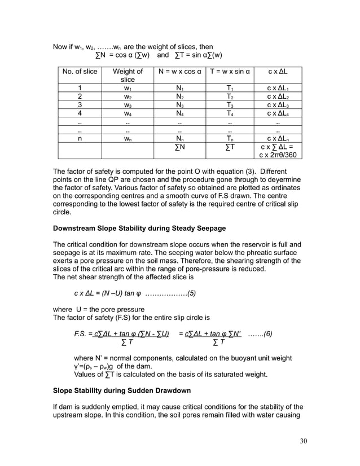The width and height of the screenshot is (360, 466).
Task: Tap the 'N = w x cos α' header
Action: click(179, 72)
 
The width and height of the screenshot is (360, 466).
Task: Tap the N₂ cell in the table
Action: click(179, 96)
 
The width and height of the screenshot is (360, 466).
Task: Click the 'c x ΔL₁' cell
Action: click(278, 88)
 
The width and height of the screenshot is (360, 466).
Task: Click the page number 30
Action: click(303, 441)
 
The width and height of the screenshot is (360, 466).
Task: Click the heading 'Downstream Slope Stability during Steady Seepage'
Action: click(139, 228)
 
